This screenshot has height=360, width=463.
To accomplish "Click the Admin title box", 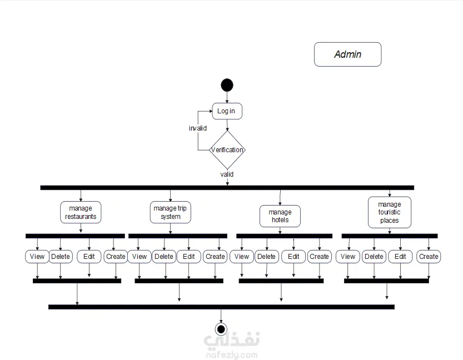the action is click(x=347, y=54).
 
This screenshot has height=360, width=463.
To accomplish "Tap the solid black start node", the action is click(x=227, y=85).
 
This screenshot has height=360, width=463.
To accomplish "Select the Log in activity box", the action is click(x=227, y=111).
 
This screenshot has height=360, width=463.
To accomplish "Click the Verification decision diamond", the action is click(x=227, y=150).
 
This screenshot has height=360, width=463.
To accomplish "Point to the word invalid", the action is click(x=198, y=128).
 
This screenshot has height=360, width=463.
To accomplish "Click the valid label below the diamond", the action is click(x=227, y=174).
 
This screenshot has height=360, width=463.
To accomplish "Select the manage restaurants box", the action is click(x=81, y=212).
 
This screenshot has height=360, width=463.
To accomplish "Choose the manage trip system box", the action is click(x=171, y=212).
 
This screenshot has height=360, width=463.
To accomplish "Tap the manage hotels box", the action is click(x=280, y=216).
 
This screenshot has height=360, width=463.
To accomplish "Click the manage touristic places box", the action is click(x=390, y=212).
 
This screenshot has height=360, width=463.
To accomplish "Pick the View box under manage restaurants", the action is click(x=37, y=257).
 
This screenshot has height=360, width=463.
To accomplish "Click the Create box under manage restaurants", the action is click(x=116, y=257).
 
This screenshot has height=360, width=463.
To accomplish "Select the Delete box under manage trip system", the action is click(x=164, y=257).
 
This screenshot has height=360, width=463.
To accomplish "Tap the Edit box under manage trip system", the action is click(x=189, y=257).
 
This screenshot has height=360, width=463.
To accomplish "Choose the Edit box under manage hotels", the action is click(x=293, y=257).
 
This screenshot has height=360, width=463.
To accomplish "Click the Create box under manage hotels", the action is click(x=319, y=257).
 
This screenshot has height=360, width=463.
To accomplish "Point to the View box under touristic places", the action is click(x=348, y=257).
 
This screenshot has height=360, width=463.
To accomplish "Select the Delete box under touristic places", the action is click(x=374, y=257).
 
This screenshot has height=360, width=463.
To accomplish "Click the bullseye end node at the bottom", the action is click(x=221, y=329).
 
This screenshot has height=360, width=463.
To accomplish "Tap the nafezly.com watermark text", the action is click(x=232, y=354).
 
